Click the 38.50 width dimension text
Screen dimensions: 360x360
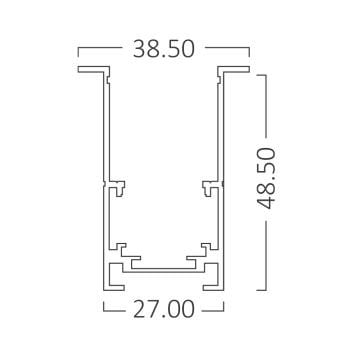(163, 47)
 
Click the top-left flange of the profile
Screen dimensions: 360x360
(89, 71)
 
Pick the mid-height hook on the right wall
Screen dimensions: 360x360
(208, 185)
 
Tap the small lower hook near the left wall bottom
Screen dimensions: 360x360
(121, 245)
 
